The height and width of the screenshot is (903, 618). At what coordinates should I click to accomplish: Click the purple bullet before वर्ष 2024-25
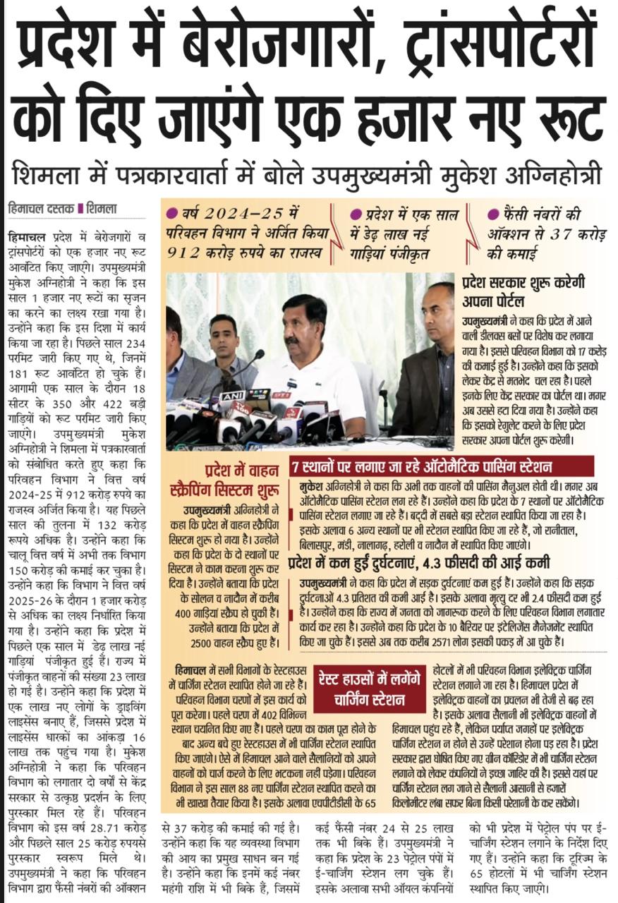tap(171, 213)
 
